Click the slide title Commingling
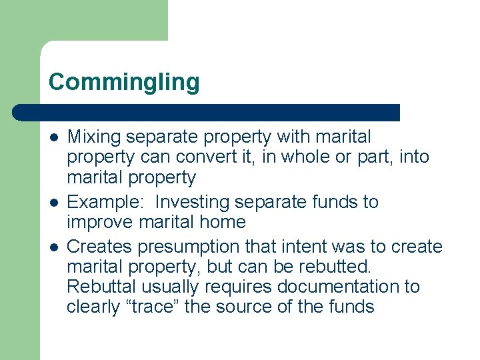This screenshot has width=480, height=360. (x=124, y=83)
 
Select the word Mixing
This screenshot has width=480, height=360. (x=94, y=137)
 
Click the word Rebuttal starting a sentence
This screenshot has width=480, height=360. (x=99, y=287)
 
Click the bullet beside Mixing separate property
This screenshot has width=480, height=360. (x=53, y=137)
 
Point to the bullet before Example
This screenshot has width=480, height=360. (x=53, y=202)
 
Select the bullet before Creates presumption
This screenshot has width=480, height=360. (x=53, y=247)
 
